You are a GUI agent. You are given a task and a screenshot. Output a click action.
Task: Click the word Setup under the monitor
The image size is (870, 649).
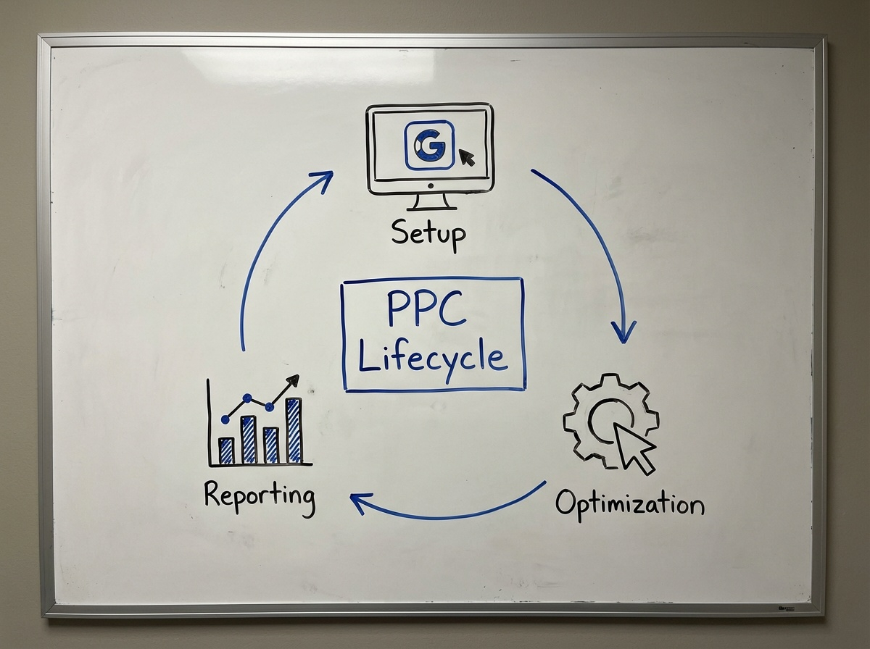(428, 233)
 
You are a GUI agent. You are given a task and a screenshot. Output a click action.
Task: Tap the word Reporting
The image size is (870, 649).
(260, 497)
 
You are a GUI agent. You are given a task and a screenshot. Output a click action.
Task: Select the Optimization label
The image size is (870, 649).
(629, 504)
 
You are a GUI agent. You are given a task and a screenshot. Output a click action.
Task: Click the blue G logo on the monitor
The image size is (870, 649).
(428, 146)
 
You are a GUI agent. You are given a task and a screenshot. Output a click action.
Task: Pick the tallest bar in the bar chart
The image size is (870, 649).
(294, 430)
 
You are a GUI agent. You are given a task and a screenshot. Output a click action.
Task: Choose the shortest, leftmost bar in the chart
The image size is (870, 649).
(226, 450)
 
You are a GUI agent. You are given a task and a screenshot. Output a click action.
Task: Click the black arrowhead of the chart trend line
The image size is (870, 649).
(293, 379)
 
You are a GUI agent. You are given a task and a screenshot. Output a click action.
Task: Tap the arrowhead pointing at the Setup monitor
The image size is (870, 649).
(323, 178)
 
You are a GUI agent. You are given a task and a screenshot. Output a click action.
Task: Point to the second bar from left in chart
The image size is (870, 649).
(249, 439)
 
